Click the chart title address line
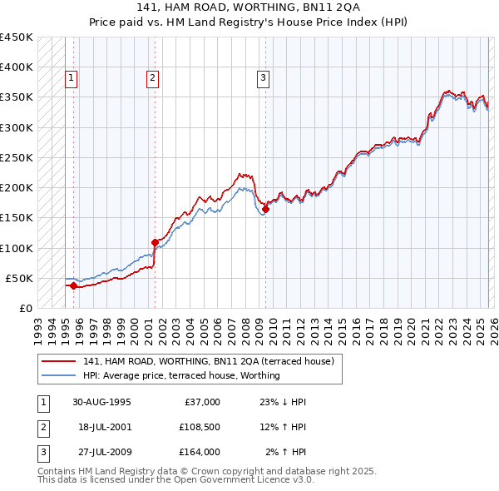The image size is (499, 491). click(x=249, y=7)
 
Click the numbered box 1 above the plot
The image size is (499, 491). click(x=71, y=79)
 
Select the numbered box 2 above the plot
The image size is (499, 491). click(x=153, y=79)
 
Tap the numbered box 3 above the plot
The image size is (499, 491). click(x=263, y=79)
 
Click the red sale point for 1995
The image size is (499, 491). click(x=74, y=285)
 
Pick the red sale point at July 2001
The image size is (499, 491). click(x=155, y=242)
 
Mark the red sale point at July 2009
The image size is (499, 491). click(x=265, y=209)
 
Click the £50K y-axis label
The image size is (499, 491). click(x=19, y=278)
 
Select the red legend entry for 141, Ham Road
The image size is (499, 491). click(x=208, y=361)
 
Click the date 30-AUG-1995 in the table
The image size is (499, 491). click(x=101, y=402)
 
